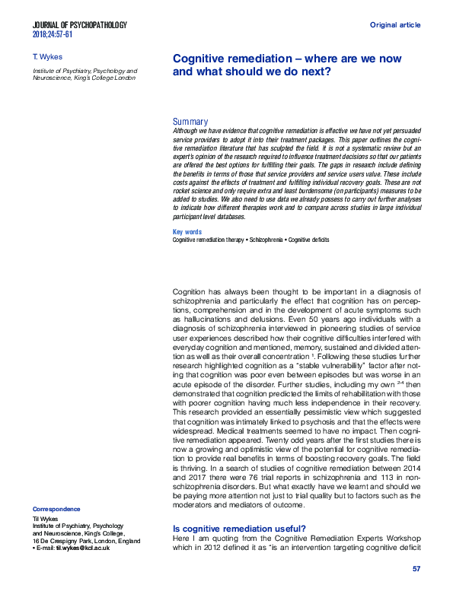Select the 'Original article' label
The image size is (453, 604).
coord(394,25)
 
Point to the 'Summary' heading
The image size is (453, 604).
coord(190,122)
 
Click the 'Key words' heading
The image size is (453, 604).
coord(187,232)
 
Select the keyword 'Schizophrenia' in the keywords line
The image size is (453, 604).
coord(272,240)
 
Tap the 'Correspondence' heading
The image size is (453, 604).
coord(56,509)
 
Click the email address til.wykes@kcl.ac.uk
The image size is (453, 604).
coord(75,548)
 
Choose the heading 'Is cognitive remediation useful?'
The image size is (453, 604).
coord(240,529)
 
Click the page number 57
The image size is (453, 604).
coord(416,569)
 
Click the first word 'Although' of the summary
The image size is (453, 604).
coord(188,131)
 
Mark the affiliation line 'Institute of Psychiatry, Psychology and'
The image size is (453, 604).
coord(85,70)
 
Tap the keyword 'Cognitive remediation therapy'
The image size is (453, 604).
coord(209,240)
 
